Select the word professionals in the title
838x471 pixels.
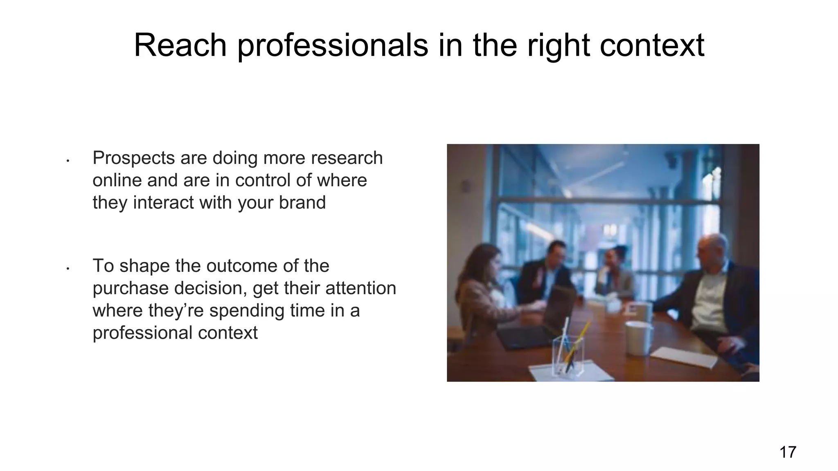[332, 46]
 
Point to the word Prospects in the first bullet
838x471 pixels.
[133, 158]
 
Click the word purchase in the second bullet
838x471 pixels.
[131, 289]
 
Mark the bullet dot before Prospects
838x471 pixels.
[68, 161]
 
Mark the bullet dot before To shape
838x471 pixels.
[68, 269]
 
